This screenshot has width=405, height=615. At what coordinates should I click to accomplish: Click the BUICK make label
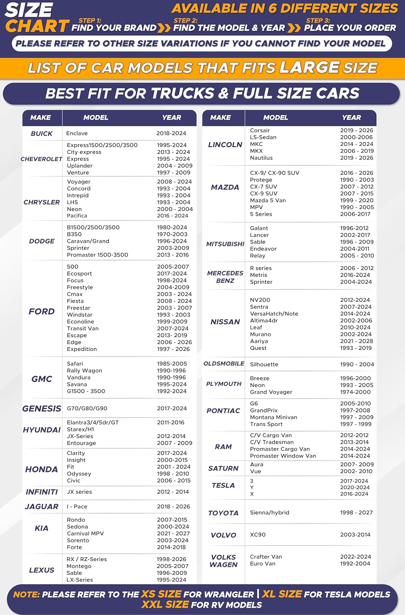tap(41, 134)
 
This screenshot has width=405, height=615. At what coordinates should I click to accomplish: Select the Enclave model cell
tap(77, 133)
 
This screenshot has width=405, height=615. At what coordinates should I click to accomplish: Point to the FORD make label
tap(41, 312)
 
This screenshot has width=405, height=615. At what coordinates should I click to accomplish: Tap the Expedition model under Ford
tap(82, 349)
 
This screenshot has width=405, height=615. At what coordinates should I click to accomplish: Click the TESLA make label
tap(223, 485)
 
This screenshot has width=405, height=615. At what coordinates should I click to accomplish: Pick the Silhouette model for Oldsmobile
tap(264, 364)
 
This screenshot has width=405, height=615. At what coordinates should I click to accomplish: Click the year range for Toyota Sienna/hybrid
tap(356, 512)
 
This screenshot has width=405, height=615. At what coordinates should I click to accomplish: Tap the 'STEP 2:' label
tap(185, 20)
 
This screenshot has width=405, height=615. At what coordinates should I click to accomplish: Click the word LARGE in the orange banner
tap(309, 68)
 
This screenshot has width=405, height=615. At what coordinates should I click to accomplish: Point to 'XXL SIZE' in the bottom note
tap(165, 605)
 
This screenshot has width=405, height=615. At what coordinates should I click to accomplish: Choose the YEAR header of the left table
tap(172, 118)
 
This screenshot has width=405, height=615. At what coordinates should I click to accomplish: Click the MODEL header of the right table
tap(276, 118)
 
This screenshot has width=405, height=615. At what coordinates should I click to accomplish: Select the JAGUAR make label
tap(41, 507)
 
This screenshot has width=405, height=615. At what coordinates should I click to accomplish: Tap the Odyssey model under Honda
tap(79, 474)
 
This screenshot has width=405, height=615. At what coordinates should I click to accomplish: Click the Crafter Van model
tap(266, 557)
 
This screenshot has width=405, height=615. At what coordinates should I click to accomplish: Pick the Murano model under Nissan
tap(260, 334)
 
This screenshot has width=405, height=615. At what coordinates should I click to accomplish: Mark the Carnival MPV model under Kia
tap(85, 533)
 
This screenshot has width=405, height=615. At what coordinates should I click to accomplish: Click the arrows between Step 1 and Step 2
tap(164, 28)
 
